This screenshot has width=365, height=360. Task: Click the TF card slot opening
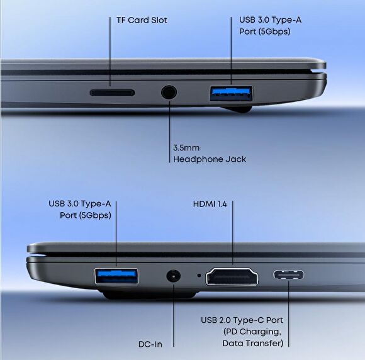click(113, 93)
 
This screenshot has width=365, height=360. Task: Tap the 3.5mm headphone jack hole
click(169, 92)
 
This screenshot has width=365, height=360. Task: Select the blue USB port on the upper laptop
click(231, 93)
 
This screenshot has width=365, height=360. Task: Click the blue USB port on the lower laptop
click(116, 276)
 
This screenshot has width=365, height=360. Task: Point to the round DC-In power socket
click(174, 276)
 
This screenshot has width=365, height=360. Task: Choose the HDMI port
click(232, 276)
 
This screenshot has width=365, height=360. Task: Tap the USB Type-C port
click(288, 275)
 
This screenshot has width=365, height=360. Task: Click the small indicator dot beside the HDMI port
click(199, 276)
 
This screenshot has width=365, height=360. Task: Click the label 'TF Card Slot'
click(142, 20)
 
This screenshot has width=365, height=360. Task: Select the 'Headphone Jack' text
click(210, 159)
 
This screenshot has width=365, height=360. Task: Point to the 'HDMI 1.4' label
click(210, 204)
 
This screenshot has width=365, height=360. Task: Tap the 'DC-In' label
click(150, 344)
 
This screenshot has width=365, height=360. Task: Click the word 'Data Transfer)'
click(253, 343)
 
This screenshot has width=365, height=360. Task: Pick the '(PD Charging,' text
click(252, 332)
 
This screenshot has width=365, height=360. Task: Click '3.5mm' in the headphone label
click(186, 148)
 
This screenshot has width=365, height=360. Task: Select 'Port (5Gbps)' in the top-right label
click(265, 31)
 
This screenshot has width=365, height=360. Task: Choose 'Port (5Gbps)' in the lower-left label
click(86, 215)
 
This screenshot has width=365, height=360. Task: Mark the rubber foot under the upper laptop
click(236, 109)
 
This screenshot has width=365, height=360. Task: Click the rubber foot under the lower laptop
click(149, 295)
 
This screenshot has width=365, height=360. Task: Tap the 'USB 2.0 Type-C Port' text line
click(242, 320)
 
